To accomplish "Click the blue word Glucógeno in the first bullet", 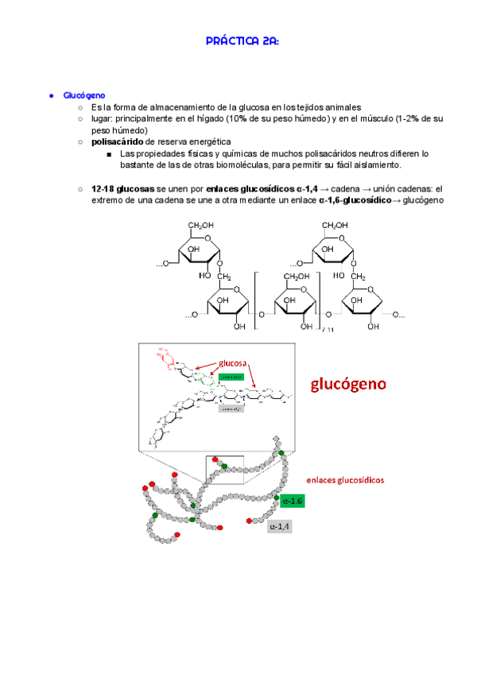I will click(x=84, y=95).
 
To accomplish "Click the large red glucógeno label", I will click(x=348, y=385).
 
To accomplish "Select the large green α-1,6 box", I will click(x=292, y=501).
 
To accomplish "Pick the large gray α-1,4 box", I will click(x=280, y=526).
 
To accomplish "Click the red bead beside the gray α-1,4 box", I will click(x=250, y=521).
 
